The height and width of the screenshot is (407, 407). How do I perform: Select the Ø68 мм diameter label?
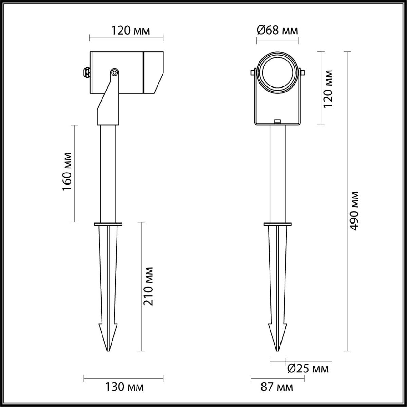[x=277, y=31]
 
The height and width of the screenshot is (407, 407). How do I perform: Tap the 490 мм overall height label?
[x=355, y=211]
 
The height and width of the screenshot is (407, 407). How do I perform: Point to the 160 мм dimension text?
[x=67, y=174]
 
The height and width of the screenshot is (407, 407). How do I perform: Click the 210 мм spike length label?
[x=149, y=286]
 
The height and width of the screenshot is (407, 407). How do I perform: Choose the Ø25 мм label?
[x=308, y=369]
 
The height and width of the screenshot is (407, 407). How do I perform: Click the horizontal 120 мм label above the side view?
[x=130, y=31]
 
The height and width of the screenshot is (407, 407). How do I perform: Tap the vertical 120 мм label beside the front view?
[x=328, y=89]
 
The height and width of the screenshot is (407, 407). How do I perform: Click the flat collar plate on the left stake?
[x=108, y=224]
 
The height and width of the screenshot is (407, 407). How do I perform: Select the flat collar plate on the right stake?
[x=277, y=224]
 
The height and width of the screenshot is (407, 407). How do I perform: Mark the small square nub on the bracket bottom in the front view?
[x=277, y=121]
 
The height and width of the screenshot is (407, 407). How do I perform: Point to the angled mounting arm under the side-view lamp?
[x=108, y=102]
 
